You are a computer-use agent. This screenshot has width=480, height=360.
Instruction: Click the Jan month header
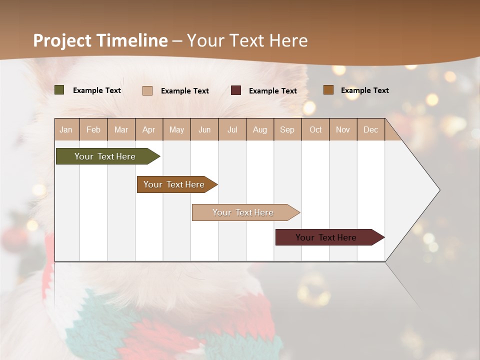pyautogui.click(x=66, y=129)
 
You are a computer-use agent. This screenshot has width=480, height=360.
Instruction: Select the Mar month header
pyautogui.click(x=121, y=129)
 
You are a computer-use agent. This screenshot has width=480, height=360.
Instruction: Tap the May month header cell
pyautogui.click(x=176, y=129)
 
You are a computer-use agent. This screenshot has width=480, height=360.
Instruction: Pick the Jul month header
pyautogui.click(x=232, y=129)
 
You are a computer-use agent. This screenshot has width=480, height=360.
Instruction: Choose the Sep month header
pyautogui.click(x=287, y=129)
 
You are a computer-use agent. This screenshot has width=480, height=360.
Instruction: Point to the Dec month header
pyautogui.click(x=370, y=129)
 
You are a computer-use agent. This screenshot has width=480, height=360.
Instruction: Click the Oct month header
pyautogui.click(x=315, y=129)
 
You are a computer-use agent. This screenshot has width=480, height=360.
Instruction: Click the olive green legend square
pyautogui.click(x=59, y=90)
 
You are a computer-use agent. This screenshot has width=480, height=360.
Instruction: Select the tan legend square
pyautogui.click(x=147, y=90)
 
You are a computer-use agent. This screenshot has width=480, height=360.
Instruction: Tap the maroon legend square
pyautogui.click(x=236, y=90)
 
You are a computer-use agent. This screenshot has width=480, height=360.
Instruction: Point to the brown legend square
pyautogui.click(x=328, y=90)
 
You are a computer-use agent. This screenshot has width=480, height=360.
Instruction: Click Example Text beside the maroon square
pyautogui.click(x=272, y=91)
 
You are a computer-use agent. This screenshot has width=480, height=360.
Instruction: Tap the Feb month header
pyautogui.click(x=93, y=129)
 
